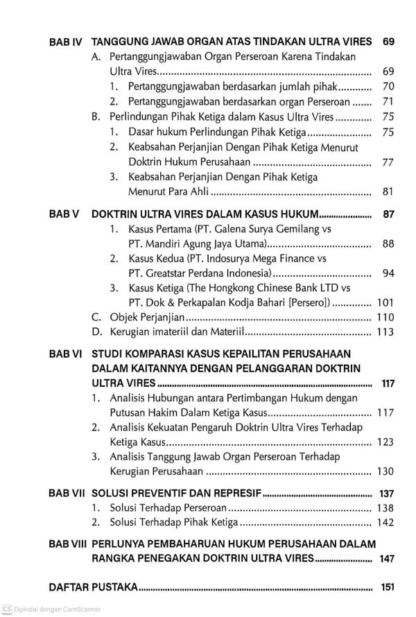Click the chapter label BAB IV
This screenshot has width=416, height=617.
(x=66, y=42)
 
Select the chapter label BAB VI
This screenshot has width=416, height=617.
(x=66, y=354)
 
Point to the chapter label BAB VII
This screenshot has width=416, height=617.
(x=67, y=494)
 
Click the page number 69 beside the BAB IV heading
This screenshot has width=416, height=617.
(x=388, y=42)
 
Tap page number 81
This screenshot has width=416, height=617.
(x=388, y=192)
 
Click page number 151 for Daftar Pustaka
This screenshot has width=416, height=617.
(x=387, y=588)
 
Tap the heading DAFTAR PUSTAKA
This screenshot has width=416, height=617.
(x=94, y=588)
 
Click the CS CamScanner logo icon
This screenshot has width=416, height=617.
(x=7, y=609)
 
